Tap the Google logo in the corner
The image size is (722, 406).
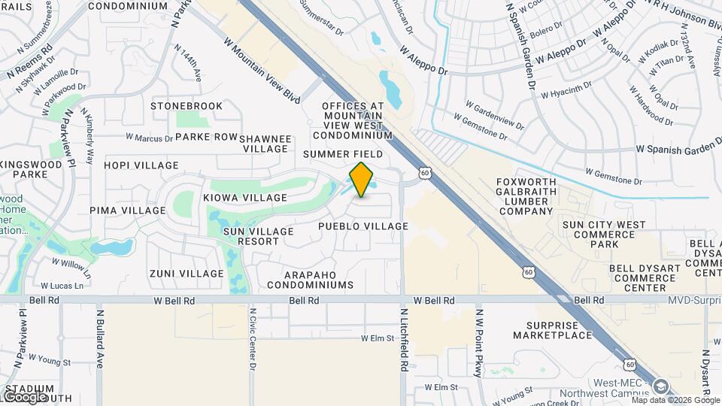tap(24, 396)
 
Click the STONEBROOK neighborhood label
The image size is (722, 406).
tap(187, 106)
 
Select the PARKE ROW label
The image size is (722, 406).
tap(206, 138)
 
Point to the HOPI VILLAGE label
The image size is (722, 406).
tap(141, 165)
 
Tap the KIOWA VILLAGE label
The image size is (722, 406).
tap(245, 198)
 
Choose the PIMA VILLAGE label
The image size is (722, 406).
tap(126, 211)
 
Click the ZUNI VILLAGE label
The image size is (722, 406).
tap(187, 274)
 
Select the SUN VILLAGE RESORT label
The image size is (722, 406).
tap(259, 236)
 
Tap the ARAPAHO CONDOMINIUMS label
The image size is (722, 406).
tap(308, 280)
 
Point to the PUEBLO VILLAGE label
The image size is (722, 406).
tap(363, 226)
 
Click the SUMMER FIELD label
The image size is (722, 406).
tap(343, 154)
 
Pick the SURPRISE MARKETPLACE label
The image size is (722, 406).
tap(553, 330)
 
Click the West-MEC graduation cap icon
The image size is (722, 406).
tap(660, 386)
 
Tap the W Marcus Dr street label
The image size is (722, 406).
tap(149, 138)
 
